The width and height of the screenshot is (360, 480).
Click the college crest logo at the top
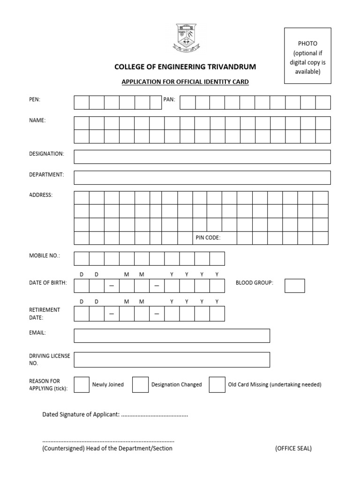(185, 38)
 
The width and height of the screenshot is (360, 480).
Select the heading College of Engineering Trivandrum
(185, 67)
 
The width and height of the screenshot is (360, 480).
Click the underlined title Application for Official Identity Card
(185, 82)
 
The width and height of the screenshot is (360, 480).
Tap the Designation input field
(202, 157)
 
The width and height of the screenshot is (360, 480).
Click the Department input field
(202, 178)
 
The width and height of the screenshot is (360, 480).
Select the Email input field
(172, 336)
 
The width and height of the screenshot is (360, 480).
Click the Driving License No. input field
(172, 360)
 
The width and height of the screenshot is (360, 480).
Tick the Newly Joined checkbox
(82, 384)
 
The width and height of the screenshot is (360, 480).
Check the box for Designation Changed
(140, 384)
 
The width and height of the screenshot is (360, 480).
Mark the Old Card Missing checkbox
(217, 384)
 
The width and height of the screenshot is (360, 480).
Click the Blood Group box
(294, 285)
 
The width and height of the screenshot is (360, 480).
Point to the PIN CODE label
(208, 238)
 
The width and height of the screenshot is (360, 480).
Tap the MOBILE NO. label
(45, 256)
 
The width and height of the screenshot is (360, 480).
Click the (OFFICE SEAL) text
(293, 449)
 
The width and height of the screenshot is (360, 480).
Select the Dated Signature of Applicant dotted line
(154, 415)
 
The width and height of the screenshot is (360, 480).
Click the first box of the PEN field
(82, 103)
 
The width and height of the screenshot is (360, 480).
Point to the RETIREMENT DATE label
(44, 314)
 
